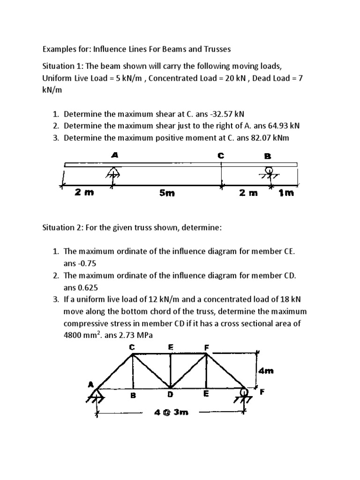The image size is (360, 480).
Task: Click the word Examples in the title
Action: point(60,49)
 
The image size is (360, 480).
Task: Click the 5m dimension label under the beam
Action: point(166,193)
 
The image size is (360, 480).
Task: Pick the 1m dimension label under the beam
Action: point(285,193)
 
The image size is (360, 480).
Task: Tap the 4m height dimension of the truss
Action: point(266,371)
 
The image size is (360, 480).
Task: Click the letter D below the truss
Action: point(171,395)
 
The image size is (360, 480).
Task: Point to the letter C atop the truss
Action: point(132,347)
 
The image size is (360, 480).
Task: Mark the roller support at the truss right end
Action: point(244,393)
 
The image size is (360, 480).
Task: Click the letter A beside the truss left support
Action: point(90,384)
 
